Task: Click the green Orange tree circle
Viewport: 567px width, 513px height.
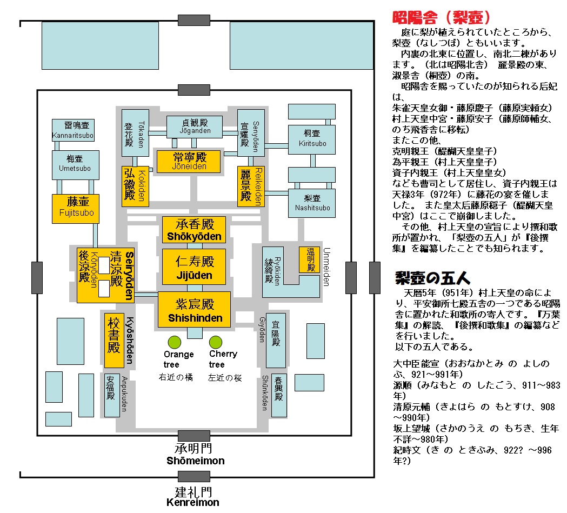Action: (174, 342)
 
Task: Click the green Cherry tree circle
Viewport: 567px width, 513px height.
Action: (216, 342)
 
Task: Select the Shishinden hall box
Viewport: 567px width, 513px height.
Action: (194, 310)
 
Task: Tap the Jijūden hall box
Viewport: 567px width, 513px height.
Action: (194, 268)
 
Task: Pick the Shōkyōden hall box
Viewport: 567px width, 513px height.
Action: (194, 230)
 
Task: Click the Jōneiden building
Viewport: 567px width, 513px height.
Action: (189, 161)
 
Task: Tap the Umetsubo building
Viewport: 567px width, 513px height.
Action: (75, 165)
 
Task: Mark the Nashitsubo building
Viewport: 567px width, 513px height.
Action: (312, 203)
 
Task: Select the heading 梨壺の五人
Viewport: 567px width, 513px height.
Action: (432, 278)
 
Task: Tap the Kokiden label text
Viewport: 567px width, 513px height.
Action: (142, 186)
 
